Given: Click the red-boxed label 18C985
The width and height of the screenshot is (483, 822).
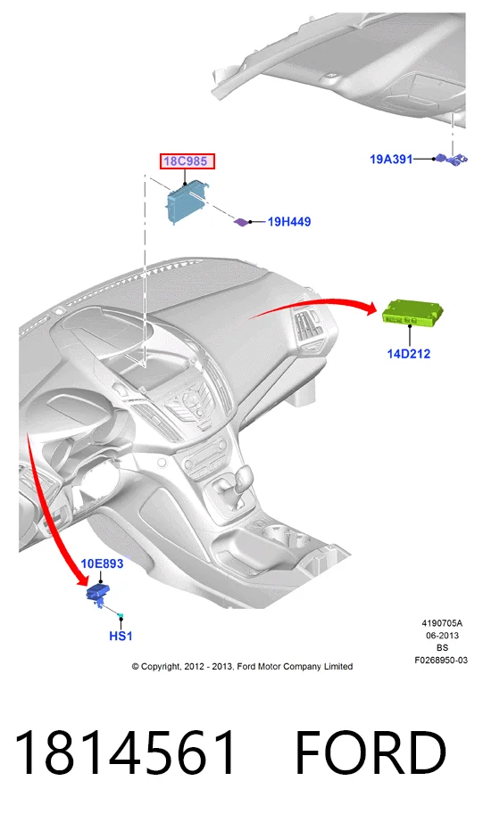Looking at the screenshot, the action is [187, 161].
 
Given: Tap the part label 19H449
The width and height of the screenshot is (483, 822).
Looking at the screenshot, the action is [289, 222].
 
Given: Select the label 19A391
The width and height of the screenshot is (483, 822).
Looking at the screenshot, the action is [392, 159].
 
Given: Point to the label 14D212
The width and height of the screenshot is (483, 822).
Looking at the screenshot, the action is [408, 354].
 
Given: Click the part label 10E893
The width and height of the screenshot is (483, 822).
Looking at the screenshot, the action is [102, 563].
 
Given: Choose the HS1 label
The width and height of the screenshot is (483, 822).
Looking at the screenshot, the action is [121, 636].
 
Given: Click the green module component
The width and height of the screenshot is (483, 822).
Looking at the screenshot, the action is [412, 314].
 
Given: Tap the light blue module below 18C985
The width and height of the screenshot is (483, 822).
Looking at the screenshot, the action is [187, 202].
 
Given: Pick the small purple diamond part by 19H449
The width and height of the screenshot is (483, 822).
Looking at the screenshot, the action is [241, 222].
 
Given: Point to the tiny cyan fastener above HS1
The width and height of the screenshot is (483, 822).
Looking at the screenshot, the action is [121, 615].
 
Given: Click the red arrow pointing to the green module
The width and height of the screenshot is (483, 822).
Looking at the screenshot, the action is [315, 303].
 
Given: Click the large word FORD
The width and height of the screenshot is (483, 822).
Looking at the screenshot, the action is [371, 752].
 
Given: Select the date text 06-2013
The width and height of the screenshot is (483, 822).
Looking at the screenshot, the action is [442, 636].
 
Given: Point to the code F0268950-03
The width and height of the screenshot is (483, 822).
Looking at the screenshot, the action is [441, 660].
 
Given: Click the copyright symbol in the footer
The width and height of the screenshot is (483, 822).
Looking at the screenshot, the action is [136, 666].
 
